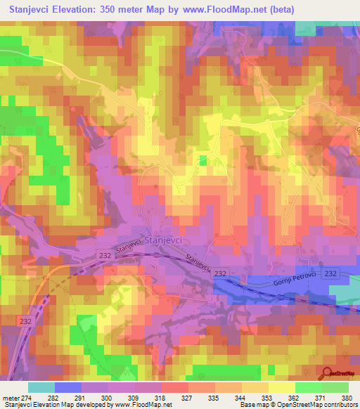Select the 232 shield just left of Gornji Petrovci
220,273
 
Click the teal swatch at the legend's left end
41,387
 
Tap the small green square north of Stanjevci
203,161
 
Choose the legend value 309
127,397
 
